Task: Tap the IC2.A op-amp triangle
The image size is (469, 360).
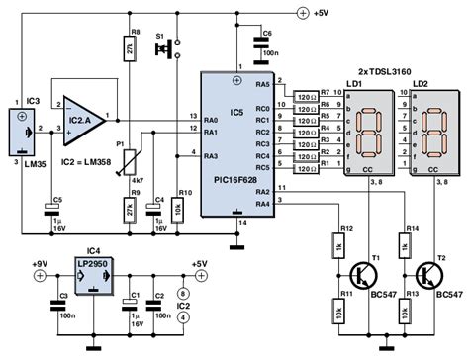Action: click(82, 117)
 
